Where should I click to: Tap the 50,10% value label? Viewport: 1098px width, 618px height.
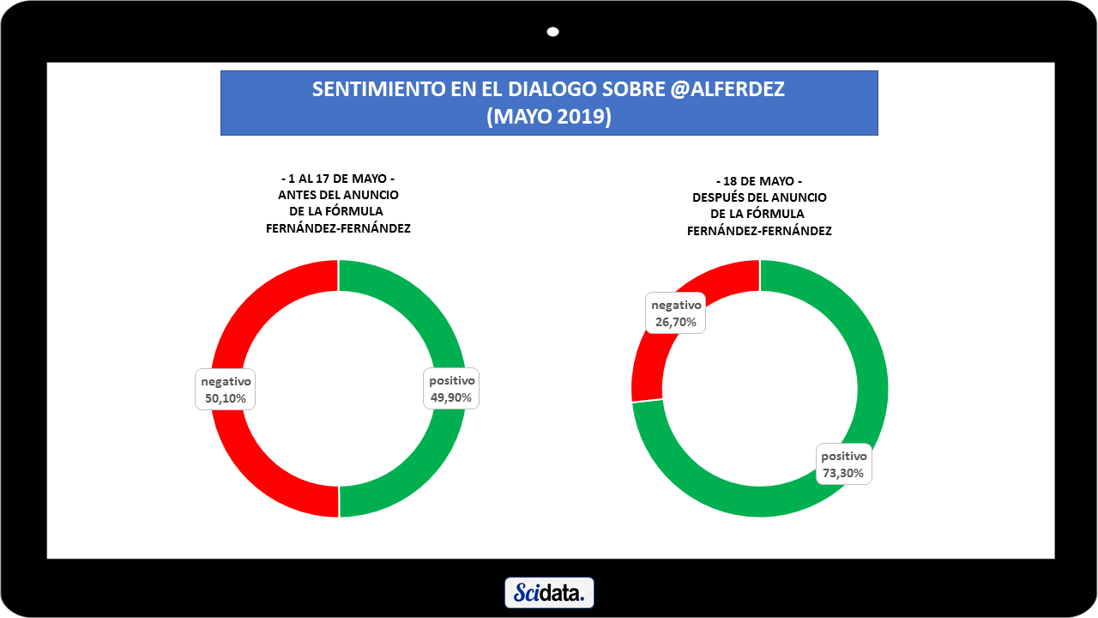click(226, 398)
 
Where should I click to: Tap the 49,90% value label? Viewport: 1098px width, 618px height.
click(452, 398)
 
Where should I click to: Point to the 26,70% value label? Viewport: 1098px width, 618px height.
click(676, 323)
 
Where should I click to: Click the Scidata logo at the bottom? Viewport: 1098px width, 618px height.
click(549, 592)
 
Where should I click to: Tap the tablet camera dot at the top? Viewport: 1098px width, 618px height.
click(553, 32)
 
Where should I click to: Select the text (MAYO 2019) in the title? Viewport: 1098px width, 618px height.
click(549, 117)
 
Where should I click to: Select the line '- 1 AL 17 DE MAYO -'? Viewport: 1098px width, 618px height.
click(338, 179)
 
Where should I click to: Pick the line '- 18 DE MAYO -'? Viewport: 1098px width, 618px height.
click(759, 181)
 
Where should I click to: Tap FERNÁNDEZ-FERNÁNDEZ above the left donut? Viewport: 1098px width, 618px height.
click(338, 227)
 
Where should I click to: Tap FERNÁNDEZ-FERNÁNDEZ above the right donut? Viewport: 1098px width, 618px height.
click(759, 231)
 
